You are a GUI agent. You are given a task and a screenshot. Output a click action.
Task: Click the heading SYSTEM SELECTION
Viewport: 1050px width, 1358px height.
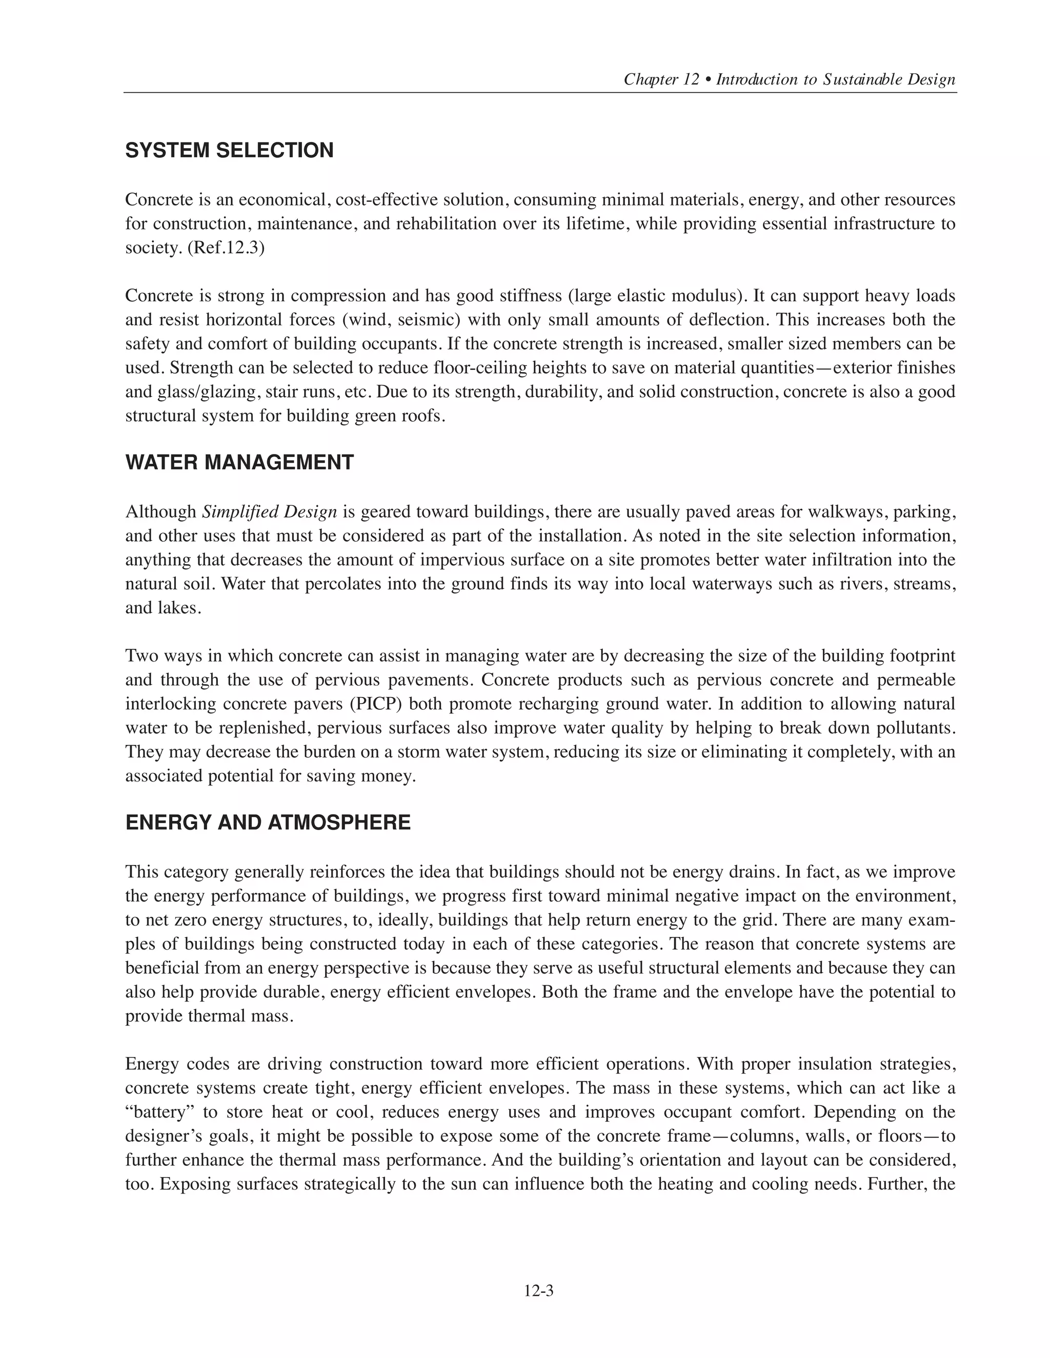point(230,151)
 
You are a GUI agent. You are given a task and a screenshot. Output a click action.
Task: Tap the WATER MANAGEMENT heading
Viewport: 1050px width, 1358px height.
point(239,463)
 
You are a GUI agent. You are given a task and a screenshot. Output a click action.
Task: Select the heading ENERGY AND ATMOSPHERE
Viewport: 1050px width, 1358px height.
point(268,822)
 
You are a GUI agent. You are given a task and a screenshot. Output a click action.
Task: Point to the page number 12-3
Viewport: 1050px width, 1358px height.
point(539,1291)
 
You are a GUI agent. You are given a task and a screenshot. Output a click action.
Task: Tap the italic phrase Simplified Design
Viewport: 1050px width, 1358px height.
point(269,512)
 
